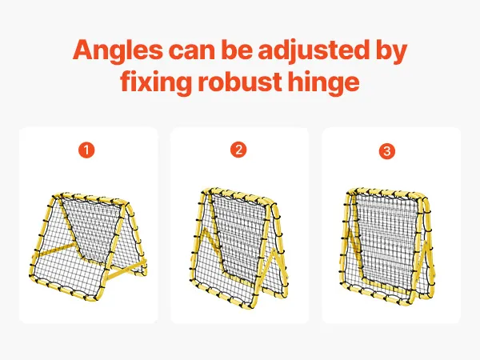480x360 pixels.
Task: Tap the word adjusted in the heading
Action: coord(313,50)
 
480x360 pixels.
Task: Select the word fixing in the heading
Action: coord(156,82)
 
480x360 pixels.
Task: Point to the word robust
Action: coord(240,82)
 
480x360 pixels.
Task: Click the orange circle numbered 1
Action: coord(86,150)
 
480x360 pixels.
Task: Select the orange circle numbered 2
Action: coord(238,150)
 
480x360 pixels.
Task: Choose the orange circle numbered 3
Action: coord(387,151)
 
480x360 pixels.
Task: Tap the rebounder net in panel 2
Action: coord(239,248)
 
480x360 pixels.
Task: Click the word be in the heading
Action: coord(236,50)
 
